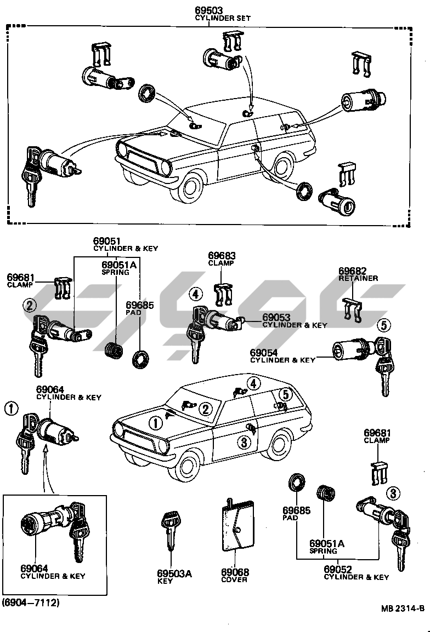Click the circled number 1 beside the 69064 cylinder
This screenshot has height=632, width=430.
coord(12,409)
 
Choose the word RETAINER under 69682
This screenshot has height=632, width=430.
coord(358,278)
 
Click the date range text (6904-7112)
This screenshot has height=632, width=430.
coord(30,603)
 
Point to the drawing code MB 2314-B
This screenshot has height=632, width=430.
coord(403,608)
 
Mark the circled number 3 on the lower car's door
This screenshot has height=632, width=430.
coord(244,441)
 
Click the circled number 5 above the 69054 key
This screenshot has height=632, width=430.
coord(384,325)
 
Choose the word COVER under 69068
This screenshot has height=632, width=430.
coord(235,579)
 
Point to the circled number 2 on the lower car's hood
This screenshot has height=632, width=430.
coord(205,408)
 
